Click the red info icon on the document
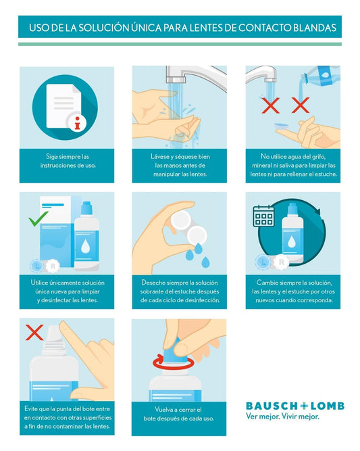(x=77, y=123)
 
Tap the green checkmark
(x=38, y=218)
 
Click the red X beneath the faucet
(x=270, y=105)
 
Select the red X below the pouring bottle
(x=301, y=105)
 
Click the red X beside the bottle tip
(x=34, y=333)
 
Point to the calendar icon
(x=263, y=216)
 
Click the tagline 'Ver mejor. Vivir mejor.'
(x=282, y=417)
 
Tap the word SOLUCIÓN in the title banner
(x=104, y=28)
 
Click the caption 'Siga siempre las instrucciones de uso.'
(x=68, y=161)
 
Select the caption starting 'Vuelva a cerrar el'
(x=179, y=414)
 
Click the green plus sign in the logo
(x=304, y=406)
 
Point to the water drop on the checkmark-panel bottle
(x=85, y=247)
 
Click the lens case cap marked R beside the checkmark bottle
(x=52, y=266)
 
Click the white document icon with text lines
(x=63, y=106)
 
